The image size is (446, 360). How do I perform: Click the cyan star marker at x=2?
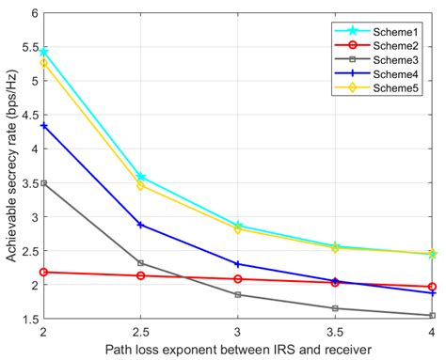pyautogui.click(x=43, y=51)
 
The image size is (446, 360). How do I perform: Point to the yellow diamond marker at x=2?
pyautogui.click(x=43, y=63)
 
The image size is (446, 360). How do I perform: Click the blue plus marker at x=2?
pyautogui.click(x=43, y=125)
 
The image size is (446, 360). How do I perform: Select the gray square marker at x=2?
pyautogui.click(x=43, y=183)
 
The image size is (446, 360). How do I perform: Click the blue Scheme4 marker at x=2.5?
pyautogui.click(x=140, y=225)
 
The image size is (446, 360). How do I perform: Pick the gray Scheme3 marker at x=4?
pyautogui.click(x=432, y=316)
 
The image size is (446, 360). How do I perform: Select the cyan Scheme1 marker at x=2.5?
pyautogui.click(x=140, y=177)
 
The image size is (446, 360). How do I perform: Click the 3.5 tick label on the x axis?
pyautogui.click(x=334, y=334)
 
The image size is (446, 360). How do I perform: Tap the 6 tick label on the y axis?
pyautogui.click(x=33, y=13)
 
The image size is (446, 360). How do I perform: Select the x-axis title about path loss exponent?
pyautogui.click(x=237, y=351)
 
